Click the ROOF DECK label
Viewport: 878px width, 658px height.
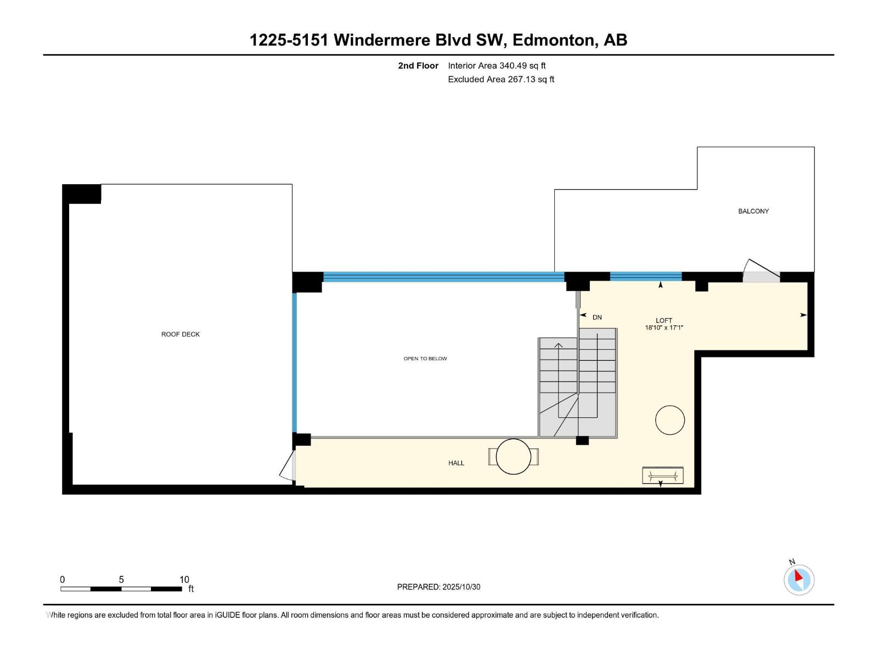180,334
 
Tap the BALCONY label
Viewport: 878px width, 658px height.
753,211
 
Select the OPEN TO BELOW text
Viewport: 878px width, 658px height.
425,359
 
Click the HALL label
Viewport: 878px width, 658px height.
456,463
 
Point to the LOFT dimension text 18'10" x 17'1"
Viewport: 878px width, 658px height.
663,328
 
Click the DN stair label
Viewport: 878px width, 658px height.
597,317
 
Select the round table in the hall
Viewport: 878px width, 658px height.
513,456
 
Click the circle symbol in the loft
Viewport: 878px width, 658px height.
669,420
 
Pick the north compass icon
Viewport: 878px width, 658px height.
798,580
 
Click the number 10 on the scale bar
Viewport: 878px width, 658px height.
184,580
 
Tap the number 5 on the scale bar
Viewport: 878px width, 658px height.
121,580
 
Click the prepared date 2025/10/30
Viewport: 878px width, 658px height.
461,587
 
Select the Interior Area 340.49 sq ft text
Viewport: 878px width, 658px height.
497,66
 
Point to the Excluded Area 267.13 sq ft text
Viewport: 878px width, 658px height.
501,80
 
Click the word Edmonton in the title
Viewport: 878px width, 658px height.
554,40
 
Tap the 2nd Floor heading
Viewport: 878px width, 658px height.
418,66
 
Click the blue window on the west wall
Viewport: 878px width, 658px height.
294,362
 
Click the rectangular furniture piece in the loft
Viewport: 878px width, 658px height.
662,475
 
